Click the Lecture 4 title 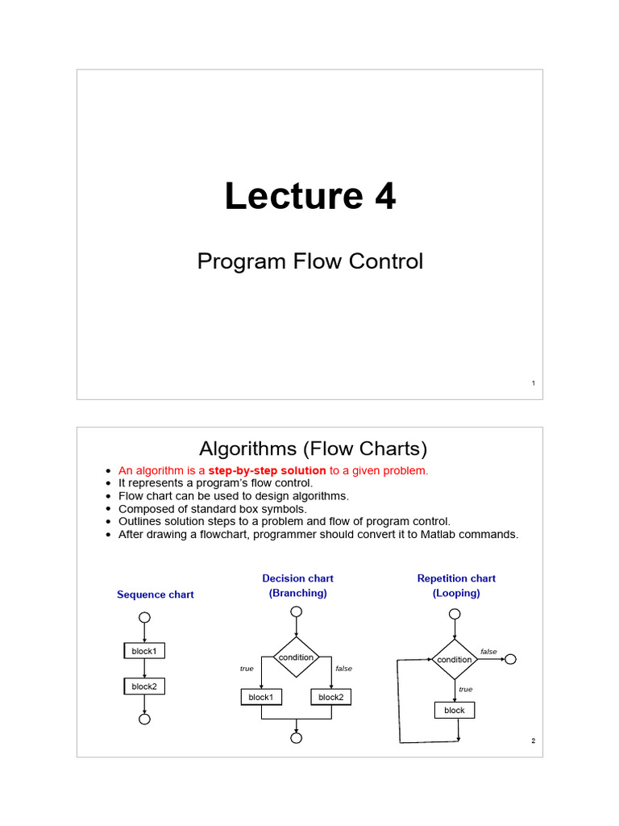point(309,197)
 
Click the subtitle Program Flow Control point(309,261)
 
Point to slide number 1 point(533,383)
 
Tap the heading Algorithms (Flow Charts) point(313,448)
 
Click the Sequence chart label point(156,594)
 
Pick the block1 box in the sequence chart point(143,650)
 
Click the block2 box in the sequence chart point(143,686)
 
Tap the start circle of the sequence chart point(143,618)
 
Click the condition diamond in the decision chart point(297,657)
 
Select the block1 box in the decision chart point(260,697)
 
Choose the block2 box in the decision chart point(330,697)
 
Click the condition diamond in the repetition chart point(455,659)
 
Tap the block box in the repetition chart point(455,710)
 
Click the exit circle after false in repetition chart point(509,659)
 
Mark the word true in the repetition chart point(465,690)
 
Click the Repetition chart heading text point(456,578)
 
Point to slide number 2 point(533,741)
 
